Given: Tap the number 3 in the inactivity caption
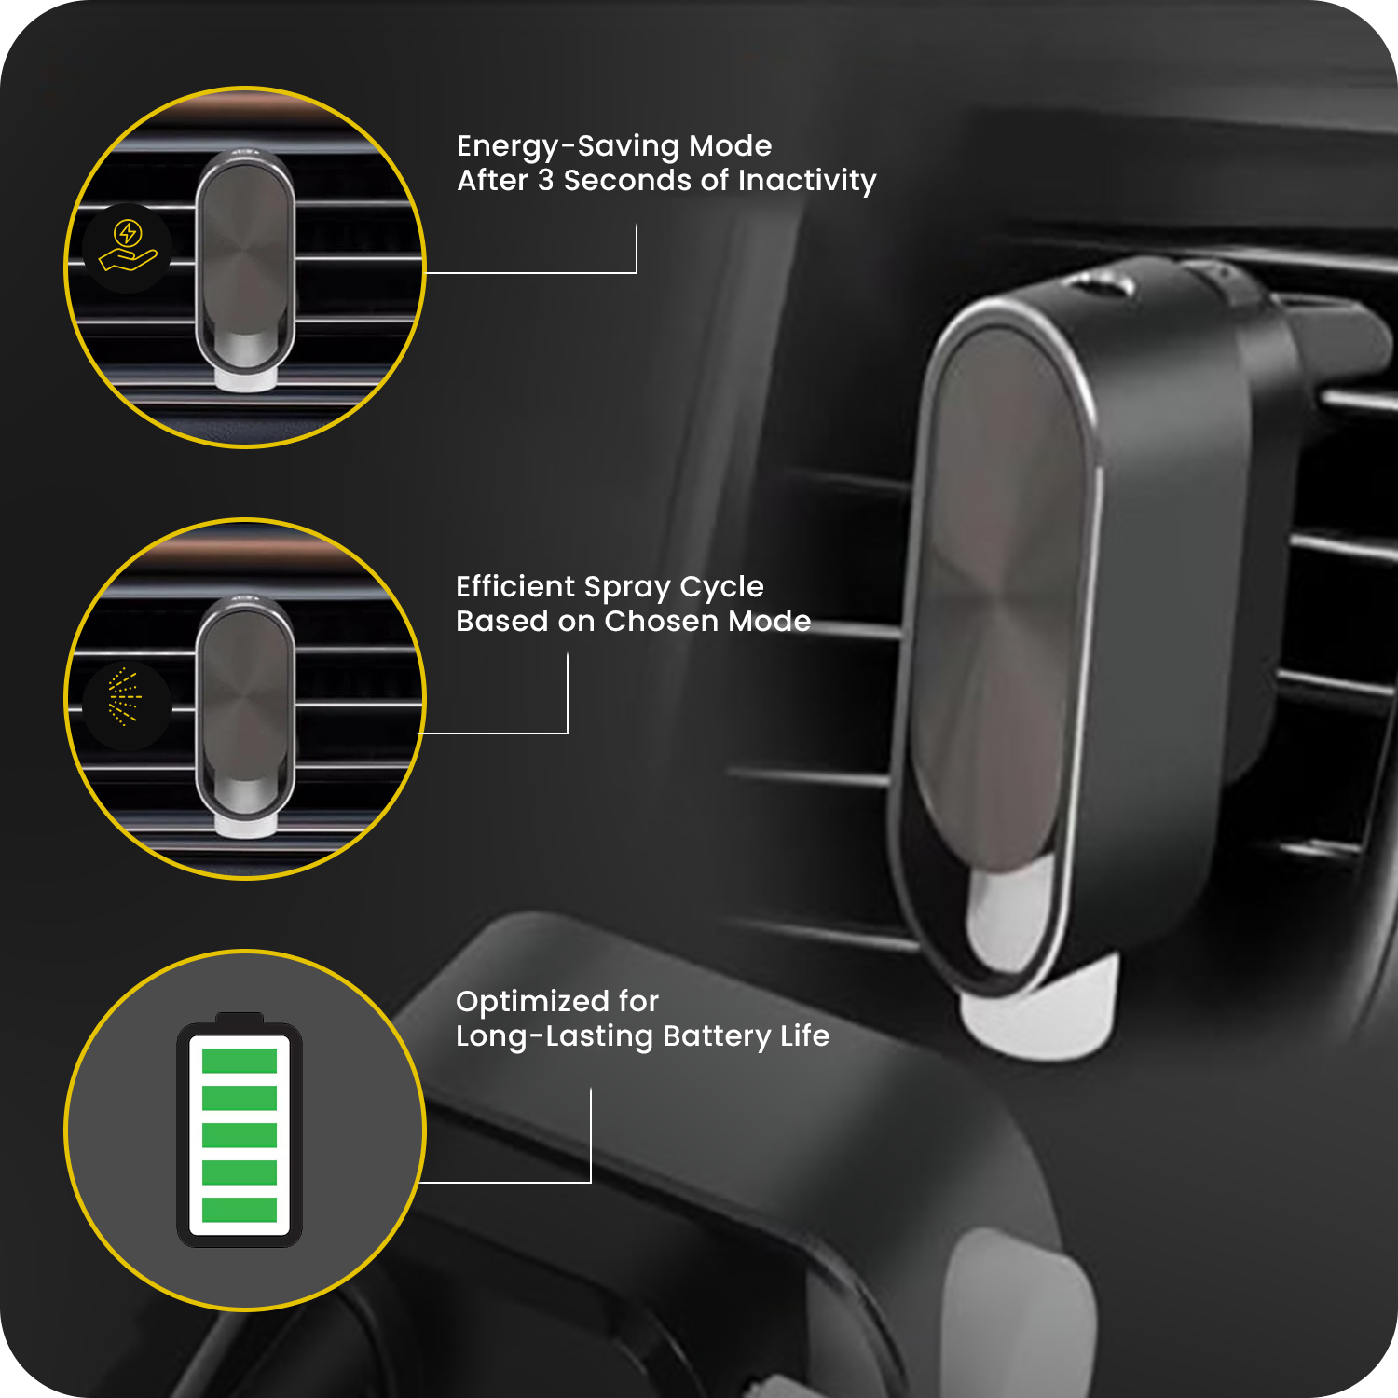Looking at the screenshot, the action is point(545,180).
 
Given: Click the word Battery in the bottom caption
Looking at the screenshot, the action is point(717,1036).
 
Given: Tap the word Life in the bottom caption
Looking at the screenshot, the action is point(804,1035).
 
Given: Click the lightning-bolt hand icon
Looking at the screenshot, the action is point(128,247).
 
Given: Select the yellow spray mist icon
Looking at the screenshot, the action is point(125,696).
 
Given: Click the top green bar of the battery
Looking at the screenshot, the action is point(240,1061).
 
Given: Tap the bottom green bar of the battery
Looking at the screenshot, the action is point(240,1209).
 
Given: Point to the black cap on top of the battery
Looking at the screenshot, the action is point(240,1018).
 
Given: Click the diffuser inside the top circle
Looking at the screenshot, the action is point(245,268).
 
